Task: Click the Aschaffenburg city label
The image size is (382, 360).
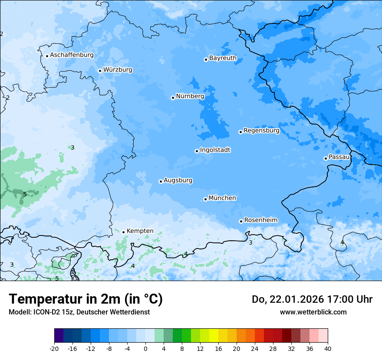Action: click(x=72, y=55)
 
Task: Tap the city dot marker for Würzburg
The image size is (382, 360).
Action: click(x=100, y=71)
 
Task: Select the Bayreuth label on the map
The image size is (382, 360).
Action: click(x=223, y=58)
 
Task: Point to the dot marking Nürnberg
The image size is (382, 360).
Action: click(x=173, y=98)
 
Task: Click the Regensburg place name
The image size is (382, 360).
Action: click(x=261, y=131)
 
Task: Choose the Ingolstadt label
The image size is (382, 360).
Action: click(x=215, y=150)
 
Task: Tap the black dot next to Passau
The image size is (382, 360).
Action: click(x=326, y=158)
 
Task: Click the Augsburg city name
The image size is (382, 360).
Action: click(x=178, y=180)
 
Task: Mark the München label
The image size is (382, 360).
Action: click(x=222, y=198)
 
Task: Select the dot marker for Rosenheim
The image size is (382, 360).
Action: click(x=241, y=221)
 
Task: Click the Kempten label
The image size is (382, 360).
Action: click(x=140, y=231)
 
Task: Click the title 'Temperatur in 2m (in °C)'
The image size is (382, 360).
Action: click(x=86, y=299)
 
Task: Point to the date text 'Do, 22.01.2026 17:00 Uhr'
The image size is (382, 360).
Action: click(x=312, y=299)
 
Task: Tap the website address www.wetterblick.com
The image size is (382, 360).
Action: click(x=313, y=312)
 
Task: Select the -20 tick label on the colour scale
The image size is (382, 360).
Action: click(x=54, y=348)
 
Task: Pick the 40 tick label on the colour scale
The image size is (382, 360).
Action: click(x=327, y=348)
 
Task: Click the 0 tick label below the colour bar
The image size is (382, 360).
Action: click(x=145, y=348)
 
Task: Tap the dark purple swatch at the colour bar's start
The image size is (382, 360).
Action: click(x=59, y=336)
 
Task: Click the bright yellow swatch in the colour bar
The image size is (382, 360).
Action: click(x=214, y=336)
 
